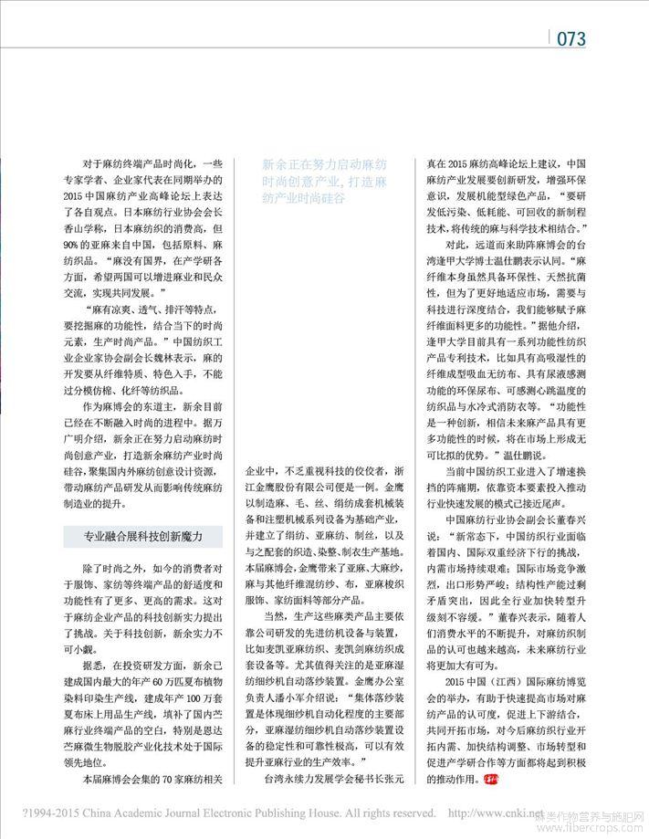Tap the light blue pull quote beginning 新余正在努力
point(316,182)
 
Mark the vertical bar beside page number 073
point(550,38)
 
